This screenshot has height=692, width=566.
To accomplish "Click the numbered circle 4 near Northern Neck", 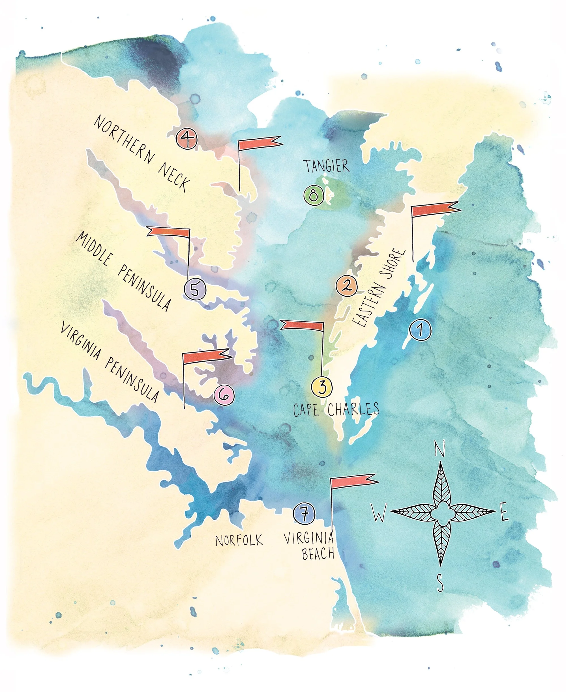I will [x=187, y=139].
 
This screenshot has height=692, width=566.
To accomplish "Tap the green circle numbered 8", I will [x=313, y=195].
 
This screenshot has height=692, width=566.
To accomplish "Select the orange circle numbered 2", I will [x=347, y=286].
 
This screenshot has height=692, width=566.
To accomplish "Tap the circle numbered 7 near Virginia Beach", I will [x=304, y=514].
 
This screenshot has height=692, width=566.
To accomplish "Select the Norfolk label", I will [x=239, y=540].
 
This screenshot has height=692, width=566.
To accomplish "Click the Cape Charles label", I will [x=336, y=409].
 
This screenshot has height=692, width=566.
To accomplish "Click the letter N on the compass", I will [x=440, y=450].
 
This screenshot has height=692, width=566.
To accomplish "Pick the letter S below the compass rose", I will [x=440, y=583].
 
